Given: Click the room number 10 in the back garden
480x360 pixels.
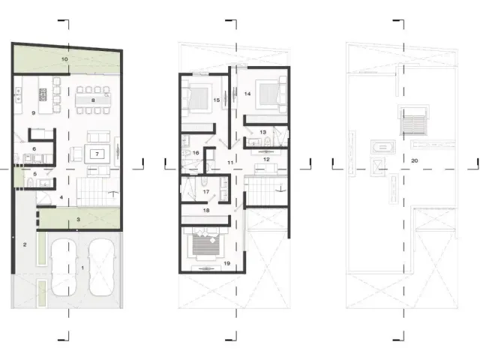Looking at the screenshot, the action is pos(64,59).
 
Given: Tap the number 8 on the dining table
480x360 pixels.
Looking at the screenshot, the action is pos(93,100).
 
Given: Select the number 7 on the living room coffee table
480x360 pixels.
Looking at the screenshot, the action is pos(97,154).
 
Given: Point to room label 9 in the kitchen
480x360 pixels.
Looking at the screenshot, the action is pos(33,113).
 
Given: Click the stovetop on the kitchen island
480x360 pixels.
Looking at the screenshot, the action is pos(43,95).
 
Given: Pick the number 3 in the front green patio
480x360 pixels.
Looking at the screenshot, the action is pos(78,219).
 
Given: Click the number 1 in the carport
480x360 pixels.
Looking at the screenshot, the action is pos(82,268).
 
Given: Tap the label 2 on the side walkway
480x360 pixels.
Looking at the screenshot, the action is pos(25,244).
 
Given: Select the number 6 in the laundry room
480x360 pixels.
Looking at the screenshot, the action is pos(34,148).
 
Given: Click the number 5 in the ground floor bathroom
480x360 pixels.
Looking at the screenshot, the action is pos(35,174).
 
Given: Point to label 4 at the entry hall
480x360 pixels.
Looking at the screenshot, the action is pos(61,197).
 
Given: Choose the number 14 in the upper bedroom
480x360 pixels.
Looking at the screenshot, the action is pos(247,94).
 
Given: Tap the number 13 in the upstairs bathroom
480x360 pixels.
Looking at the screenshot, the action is pos(262,132).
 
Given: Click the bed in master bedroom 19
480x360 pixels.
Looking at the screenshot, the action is pos(205,244).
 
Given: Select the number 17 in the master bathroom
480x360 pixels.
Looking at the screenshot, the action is pos(206,192).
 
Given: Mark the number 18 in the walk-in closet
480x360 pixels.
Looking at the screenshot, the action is pos(206,210).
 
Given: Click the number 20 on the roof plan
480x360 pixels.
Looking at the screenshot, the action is pos(415,160).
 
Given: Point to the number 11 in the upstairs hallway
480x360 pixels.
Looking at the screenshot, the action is pos(230,163).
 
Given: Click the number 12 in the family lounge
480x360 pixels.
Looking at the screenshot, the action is pos(266,159).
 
